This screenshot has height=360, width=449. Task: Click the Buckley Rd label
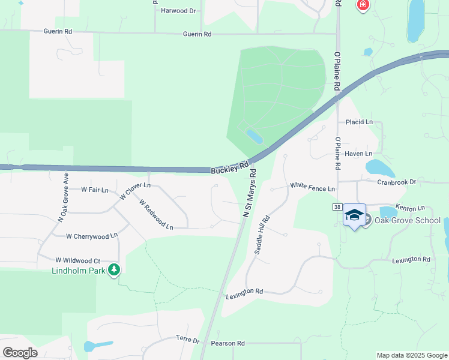[230, 168]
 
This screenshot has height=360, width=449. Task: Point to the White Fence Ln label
[312, 188]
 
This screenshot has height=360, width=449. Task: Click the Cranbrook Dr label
[396, 181]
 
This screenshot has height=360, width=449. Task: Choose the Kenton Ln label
[410, 207]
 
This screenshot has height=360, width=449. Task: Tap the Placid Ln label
[359, 122]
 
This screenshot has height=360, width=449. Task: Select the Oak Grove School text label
[408, 220]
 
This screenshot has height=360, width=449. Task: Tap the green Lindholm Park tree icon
[114, 270]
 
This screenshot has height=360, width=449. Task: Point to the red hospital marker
[363, 6]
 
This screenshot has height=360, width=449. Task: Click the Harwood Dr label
[178, 11]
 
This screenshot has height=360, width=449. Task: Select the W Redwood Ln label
[156, 215]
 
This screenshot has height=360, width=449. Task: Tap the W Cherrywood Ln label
[92, 236]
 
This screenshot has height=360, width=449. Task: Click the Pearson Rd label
[228, 343]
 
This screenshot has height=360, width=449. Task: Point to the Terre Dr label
[187, 340]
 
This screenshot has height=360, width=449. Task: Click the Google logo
[20, 353]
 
